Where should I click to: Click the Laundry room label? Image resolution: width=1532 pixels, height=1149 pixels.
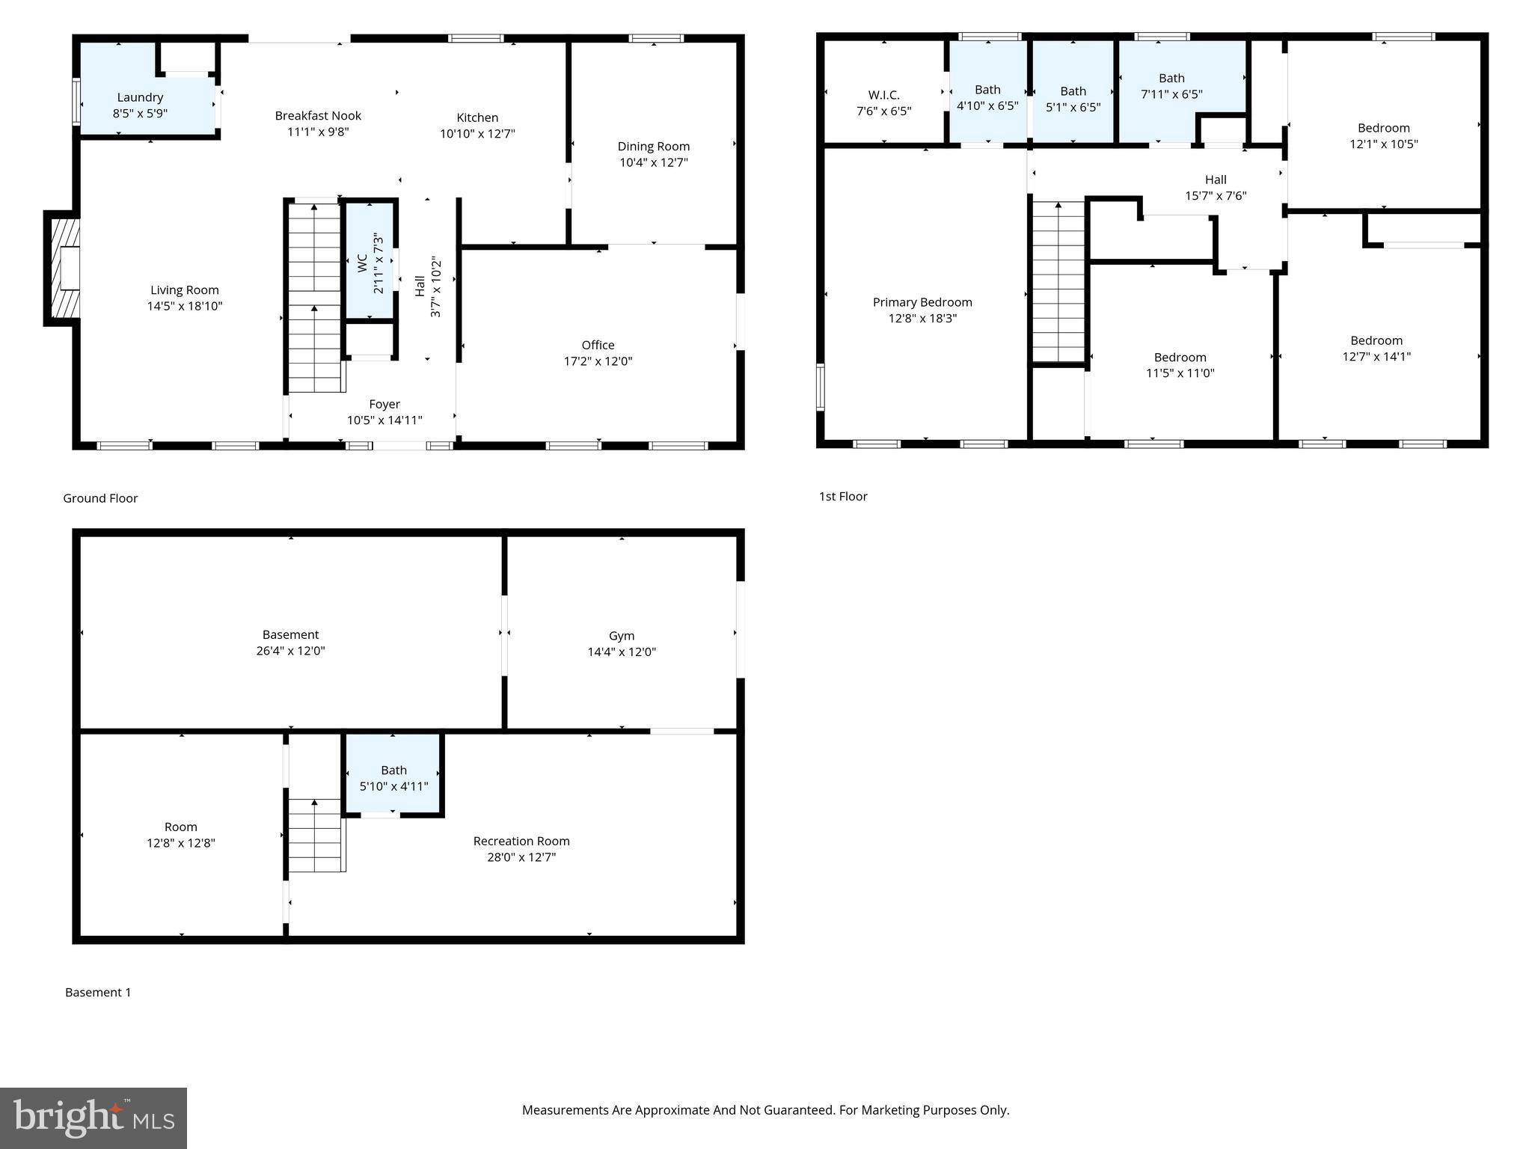tap(140, 98)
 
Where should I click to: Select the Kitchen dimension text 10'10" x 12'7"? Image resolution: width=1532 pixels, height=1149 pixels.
tap(477, 134)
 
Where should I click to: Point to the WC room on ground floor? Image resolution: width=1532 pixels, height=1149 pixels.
tap(370, 262)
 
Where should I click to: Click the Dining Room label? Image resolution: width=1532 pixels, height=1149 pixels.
tap(653, 147)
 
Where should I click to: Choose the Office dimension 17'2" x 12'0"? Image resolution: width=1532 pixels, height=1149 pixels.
tap(598, 361)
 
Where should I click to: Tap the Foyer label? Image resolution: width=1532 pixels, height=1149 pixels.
tap(384, 404)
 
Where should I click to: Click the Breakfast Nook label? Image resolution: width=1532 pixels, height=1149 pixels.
tap(318, 116)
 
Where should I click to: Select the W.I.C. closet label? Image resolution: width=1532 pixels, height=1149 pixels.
tap(883, 96)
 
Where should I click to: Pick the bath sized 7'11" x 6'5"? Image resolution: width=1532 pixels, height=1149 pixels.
tap(1171, 87)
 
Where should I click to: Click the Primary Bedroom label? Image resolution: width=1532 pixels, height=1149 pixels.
tap(922, 302)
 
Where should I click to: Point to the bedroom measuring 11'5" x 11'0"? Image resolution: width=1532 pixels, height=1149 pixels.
tap(1180, 365)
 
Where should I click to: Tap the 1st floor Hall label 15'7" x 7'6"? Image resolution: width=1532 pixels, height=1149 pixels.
tap(1215, 188)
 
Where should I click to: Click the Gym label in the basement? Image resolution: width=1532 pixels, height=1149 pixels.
tap(621, 636)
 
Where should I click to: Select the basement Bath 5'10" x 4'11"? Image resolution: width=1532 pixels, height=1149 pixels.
tap(393, 778)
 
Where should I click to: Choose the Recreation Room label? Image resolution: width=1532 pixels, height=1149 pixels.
tap(521, 842)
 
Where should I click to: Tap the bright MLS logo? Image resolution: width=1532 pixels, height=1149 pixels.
tap(94, 1118)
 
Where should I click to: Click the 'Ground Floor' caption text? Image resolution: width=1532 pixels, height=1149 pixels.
tap(100, 498)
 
